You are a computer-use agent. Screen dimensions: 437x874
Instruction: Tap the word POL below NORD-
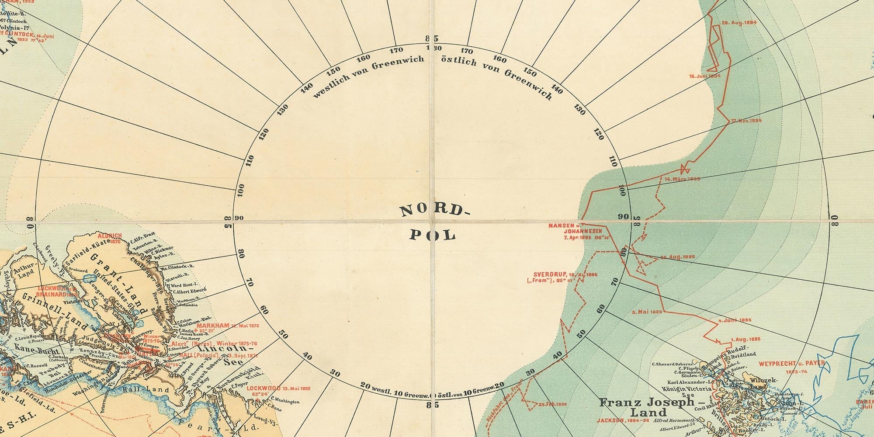(433, 235)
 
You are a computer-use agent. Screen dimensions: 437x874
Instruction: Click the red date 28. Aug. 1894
(739, 23)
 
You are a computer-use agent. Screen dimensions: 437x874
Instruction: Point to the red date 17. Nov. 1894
(746, 121)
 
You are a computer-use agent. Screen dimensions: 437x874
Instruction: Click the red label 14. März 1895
(682, 179)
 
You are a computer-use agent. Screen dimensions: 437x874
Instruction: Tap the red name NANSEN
(562, 225)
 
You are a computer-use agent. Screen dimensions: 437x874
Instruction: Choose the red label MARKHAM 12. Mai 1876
(228, 326)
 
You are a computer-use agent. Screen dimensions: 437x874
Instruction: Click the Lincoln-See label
(225, 354)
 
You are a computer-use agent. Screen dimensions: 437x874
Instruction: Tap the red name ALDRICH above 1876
(110, 236)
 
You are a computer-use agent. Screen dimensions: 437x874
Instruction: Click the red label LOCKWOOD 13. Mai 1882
(278, 388)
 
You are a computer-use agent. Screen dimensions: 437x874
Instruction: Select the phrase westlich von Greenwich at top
(368, 76)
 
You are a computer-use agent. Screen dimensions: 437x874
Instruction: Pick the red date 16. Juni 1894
(704, 76)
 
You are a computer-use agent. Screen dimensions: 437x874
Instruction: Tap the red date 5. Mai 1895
(647, 312)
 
